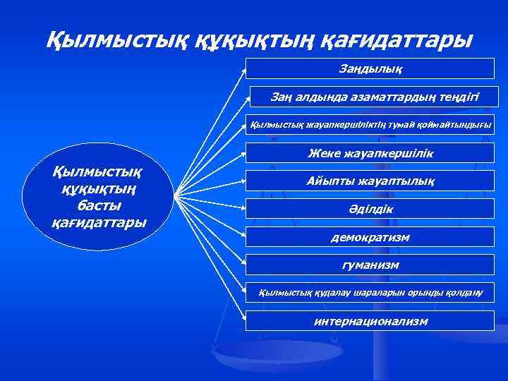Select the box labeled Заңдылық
click(x=370, y=68)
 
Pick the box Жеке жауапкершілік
click(x=370, y=153)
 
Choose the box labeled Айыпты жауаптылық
click(x=370, y=181)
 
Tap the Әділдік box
click(x=370, y=210)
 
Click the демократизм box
click(x=370, y=237)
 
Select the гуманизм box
click(x=370, y=265)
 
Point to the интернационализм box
click(x=370, y=321)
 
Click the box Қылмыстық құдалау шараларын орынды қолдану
click(x=370, y=292)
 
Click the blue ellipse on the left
click(x=99, y=196)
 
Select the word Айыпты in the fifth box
click(x=329, y=181)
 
